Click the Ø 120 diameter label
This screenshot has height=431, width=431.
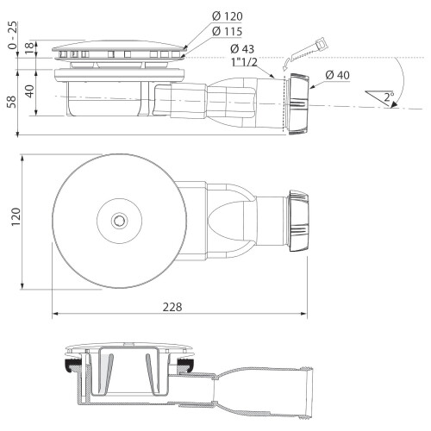[228, 16]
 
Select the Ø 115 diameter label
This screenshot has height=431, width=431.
[228, 31]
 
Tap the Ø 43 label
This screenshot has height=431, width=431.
[242, 49]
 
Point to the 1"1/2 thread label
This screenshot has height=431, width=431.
[244, 62]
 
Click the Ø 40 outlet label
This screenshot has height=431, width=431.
[338, 75]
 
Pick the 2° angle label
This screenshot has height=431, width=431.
[388, 97]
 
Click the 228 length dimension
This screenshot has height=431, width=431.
[172, 307]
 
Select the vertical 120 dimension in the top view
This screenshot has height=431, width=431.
[16, 216]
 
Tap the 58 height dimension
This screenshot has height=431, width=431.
[12, 102]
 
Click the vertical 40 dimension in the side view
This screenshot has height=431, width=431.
[29, 91]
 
